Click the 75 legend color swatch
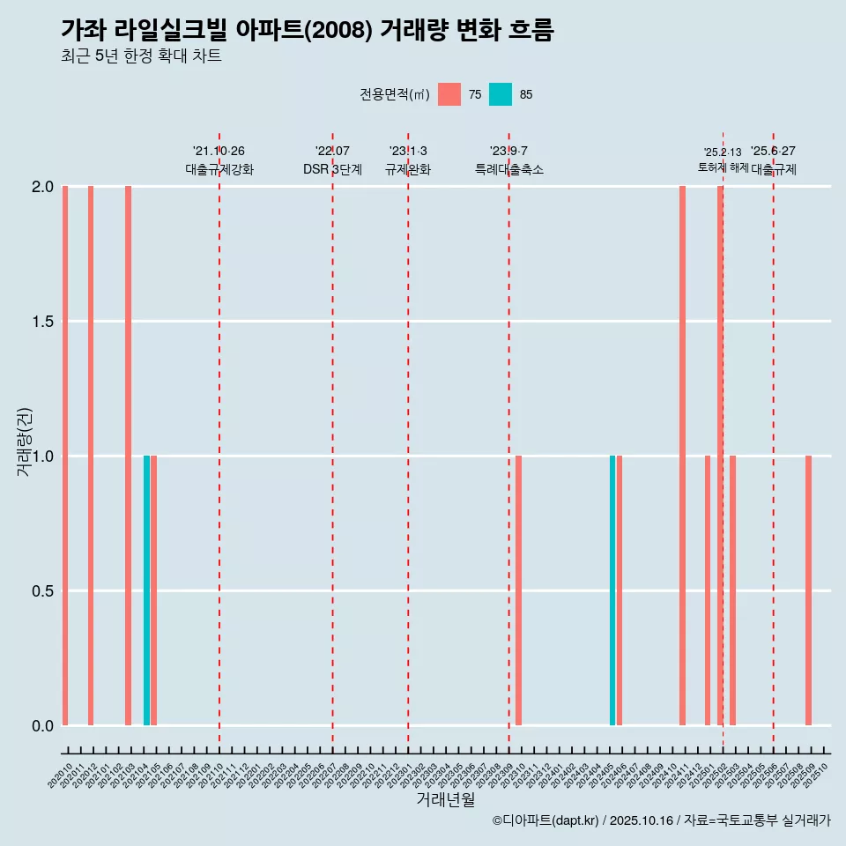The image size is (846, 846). point(449,94)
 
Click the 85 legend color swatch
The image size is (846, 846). point(500,94)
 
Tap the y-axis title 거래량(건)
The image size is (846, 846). point(24,442)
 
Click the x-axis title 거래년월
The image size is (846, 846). point(445,800)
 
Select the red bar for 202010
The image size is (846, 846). point(65,456)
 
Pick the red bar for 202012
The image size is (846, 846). point(91,456)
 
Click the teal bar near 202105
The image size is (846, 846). point(146,590)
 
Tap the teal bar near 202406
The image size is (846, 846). point(612,590)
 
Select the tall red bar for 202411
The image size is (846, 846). point(682,456)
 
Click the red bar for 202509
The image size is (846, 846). point(808,590)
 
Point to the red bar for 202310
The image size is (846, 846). point(519,590)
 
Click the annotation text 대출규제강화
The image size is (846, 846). point(219,169)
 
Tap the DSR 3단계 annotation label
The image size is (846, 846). point(332,169)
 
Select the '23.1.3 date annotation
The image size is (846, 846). point(408,151)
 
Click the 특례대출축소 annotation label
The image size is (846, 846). point(509,169)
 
